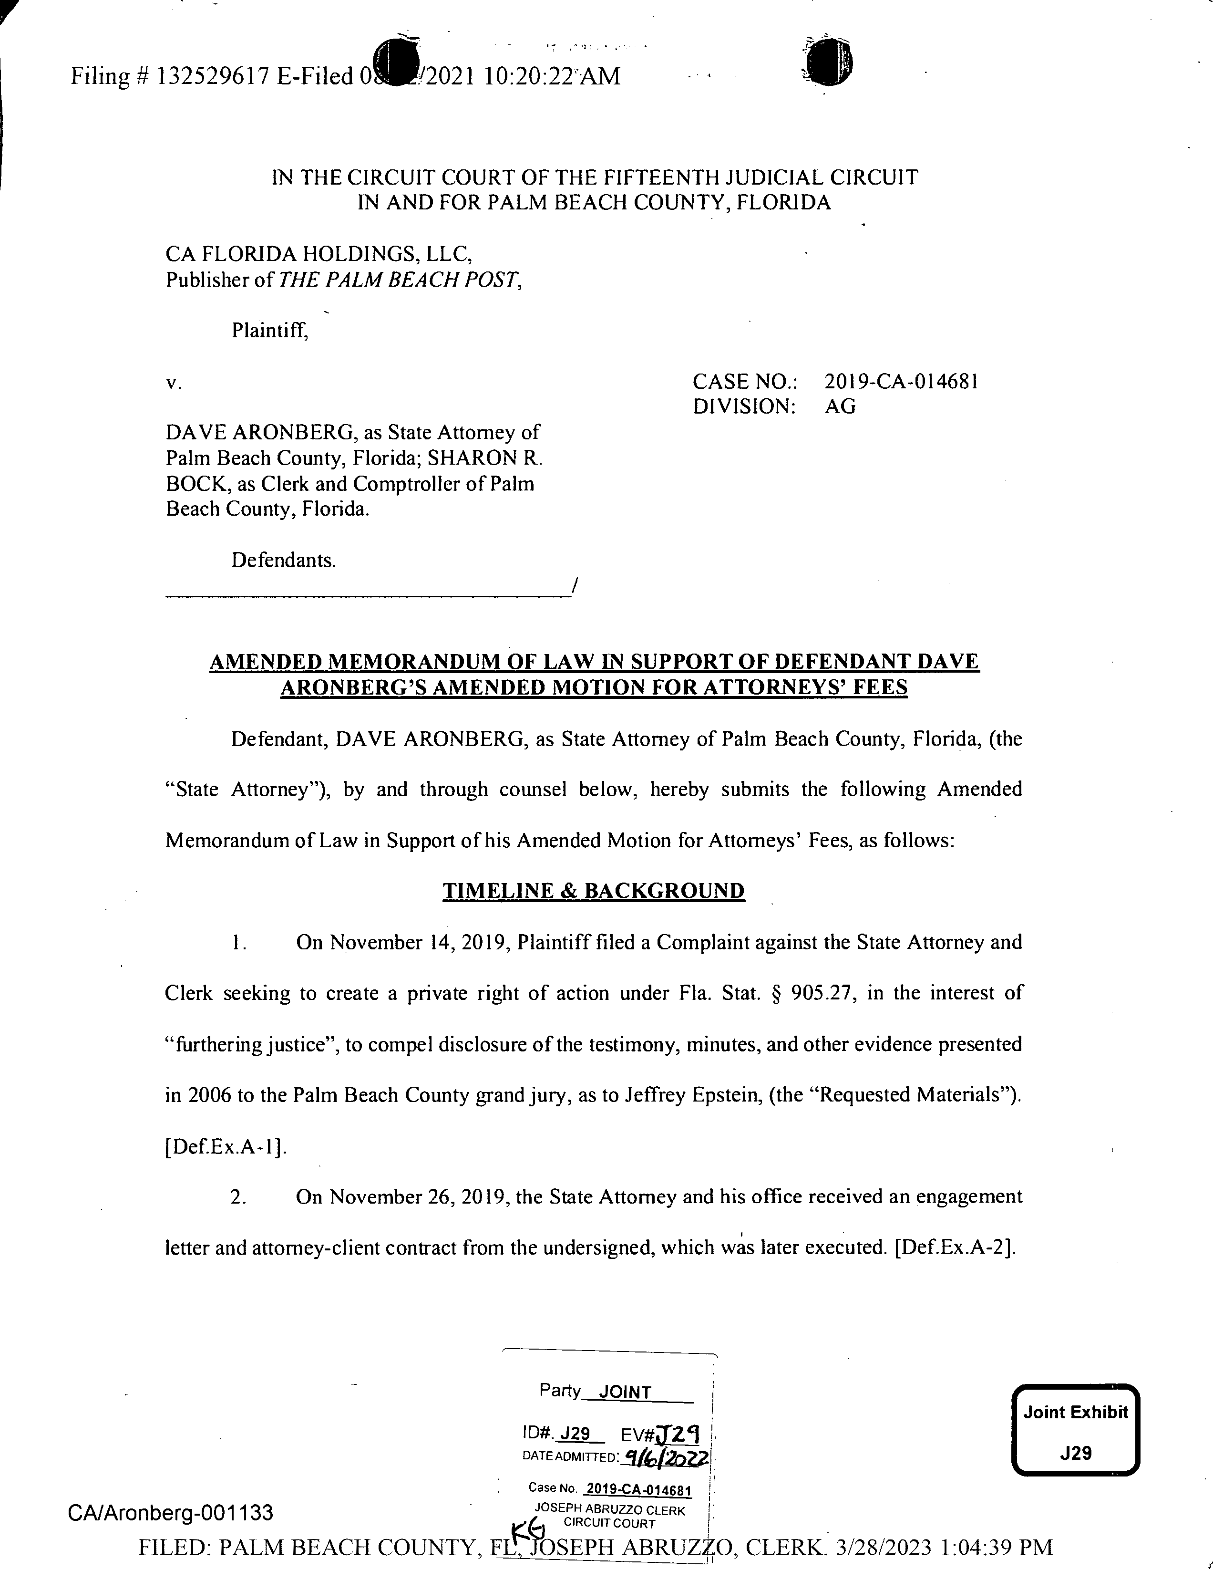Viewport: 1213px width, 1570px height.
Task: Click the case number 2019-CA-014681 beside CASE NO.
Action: tap(901, 381)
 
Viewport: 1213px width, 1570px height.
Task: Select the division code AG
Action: tap(841, 407)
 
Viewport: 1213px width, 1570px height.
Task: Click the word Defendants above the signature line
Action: tap(284, 560)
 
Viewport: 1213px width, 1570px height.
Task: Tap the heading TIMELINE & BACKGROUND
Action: tap(594, 892)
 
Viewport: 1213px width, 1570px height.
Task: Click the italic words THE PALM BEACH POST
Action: tap(399, 280)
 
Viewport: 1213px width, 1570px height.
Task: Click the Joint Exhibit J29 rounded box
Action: tap(1075, 1431)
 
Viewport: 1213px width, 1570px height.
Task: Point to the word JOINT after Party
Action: tap(625, 1393)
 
